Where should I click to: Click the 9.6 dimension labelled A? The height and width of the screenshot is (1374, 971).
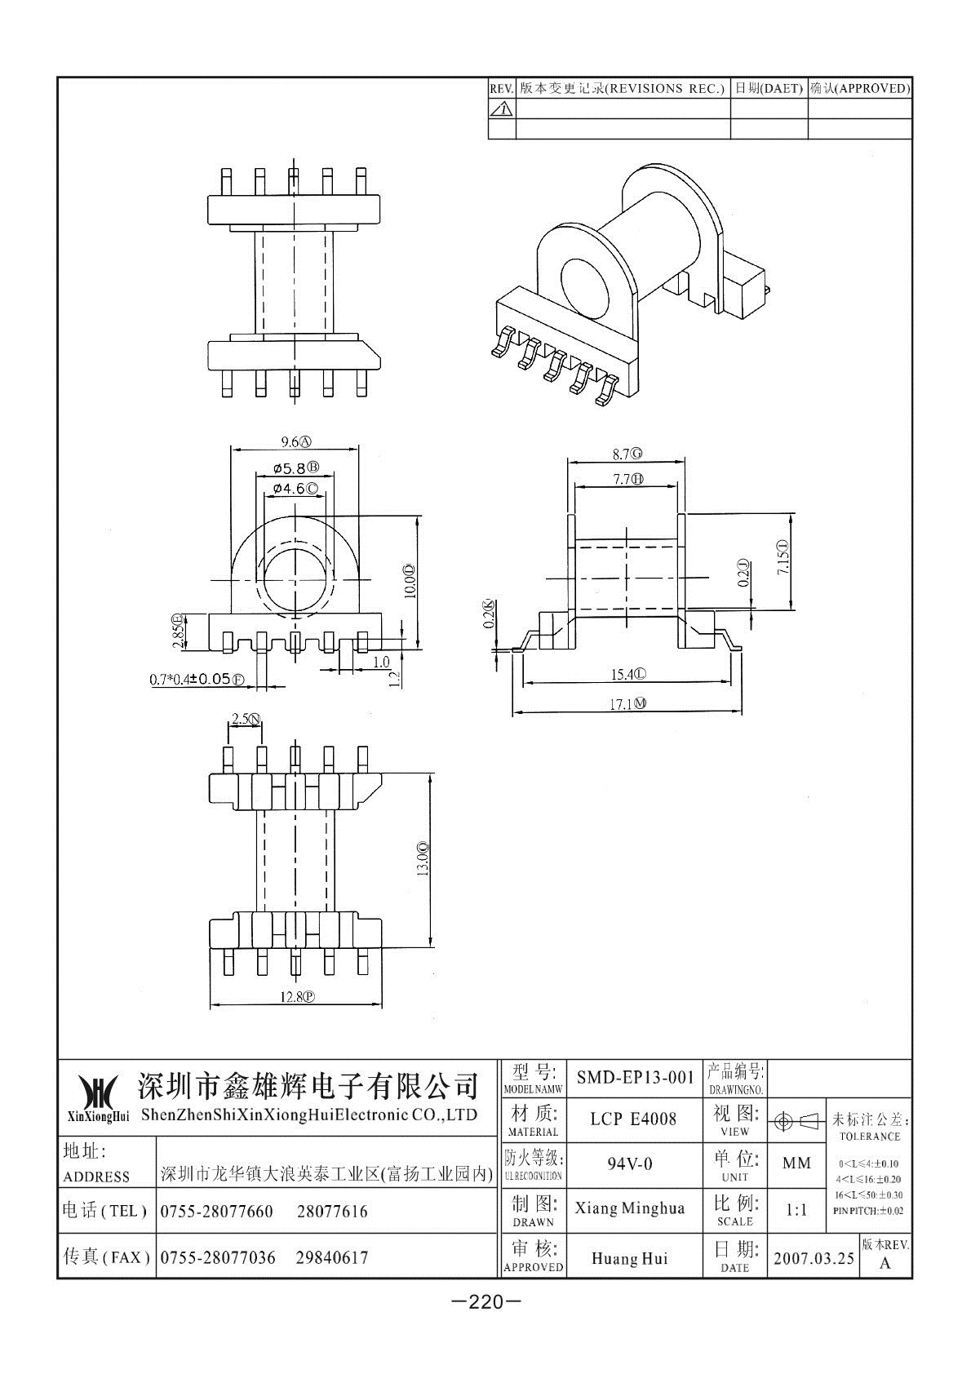click(296, 441)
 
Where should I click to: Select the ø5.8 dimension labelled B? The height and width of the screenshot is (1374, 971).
click(296, 468)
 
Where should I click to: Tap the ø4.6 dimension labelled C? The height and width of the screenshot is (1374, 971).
click(295, 489)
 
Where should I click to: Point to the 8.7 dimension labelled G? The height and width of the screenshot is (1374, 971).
click(627, 454)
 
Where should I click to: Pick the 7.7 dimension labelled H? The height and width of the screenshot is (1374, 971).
click(627, 479)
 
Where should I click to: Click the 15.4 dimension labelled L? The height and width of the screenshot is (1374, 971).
click(628, 675)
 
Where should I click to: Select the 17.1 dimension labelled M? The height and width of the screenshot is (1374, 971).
click(627, 704)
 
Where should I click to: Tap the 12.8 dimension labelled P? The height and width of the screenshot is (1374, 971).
click(298, 997)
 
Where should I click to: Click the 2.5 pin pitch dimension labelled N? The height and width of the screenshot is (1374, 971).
click(246, 719)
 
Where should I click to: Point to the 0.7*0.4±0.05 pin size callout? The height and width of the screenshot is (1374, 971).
click(197, 679)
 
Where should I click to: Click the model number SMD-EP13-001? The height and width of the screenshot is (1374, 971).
click(635, 1077)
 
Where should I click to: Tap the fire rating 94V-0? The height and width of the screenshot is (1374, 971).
click(630, 1163)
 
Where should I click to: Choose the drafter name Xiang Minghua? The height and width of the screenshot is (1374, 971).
click(629, 1208)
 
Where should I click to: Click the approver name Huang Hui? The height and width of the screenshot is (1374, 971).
click(629, 1259)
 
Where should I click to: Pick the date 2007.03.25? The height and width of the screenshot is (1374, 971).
click(814, 1259)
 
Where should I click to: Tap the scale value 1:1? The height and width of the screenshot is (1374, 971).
click(796, 1210)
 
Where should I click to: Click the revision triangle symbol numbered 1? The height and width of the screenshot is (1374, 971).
click(502, 109)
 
